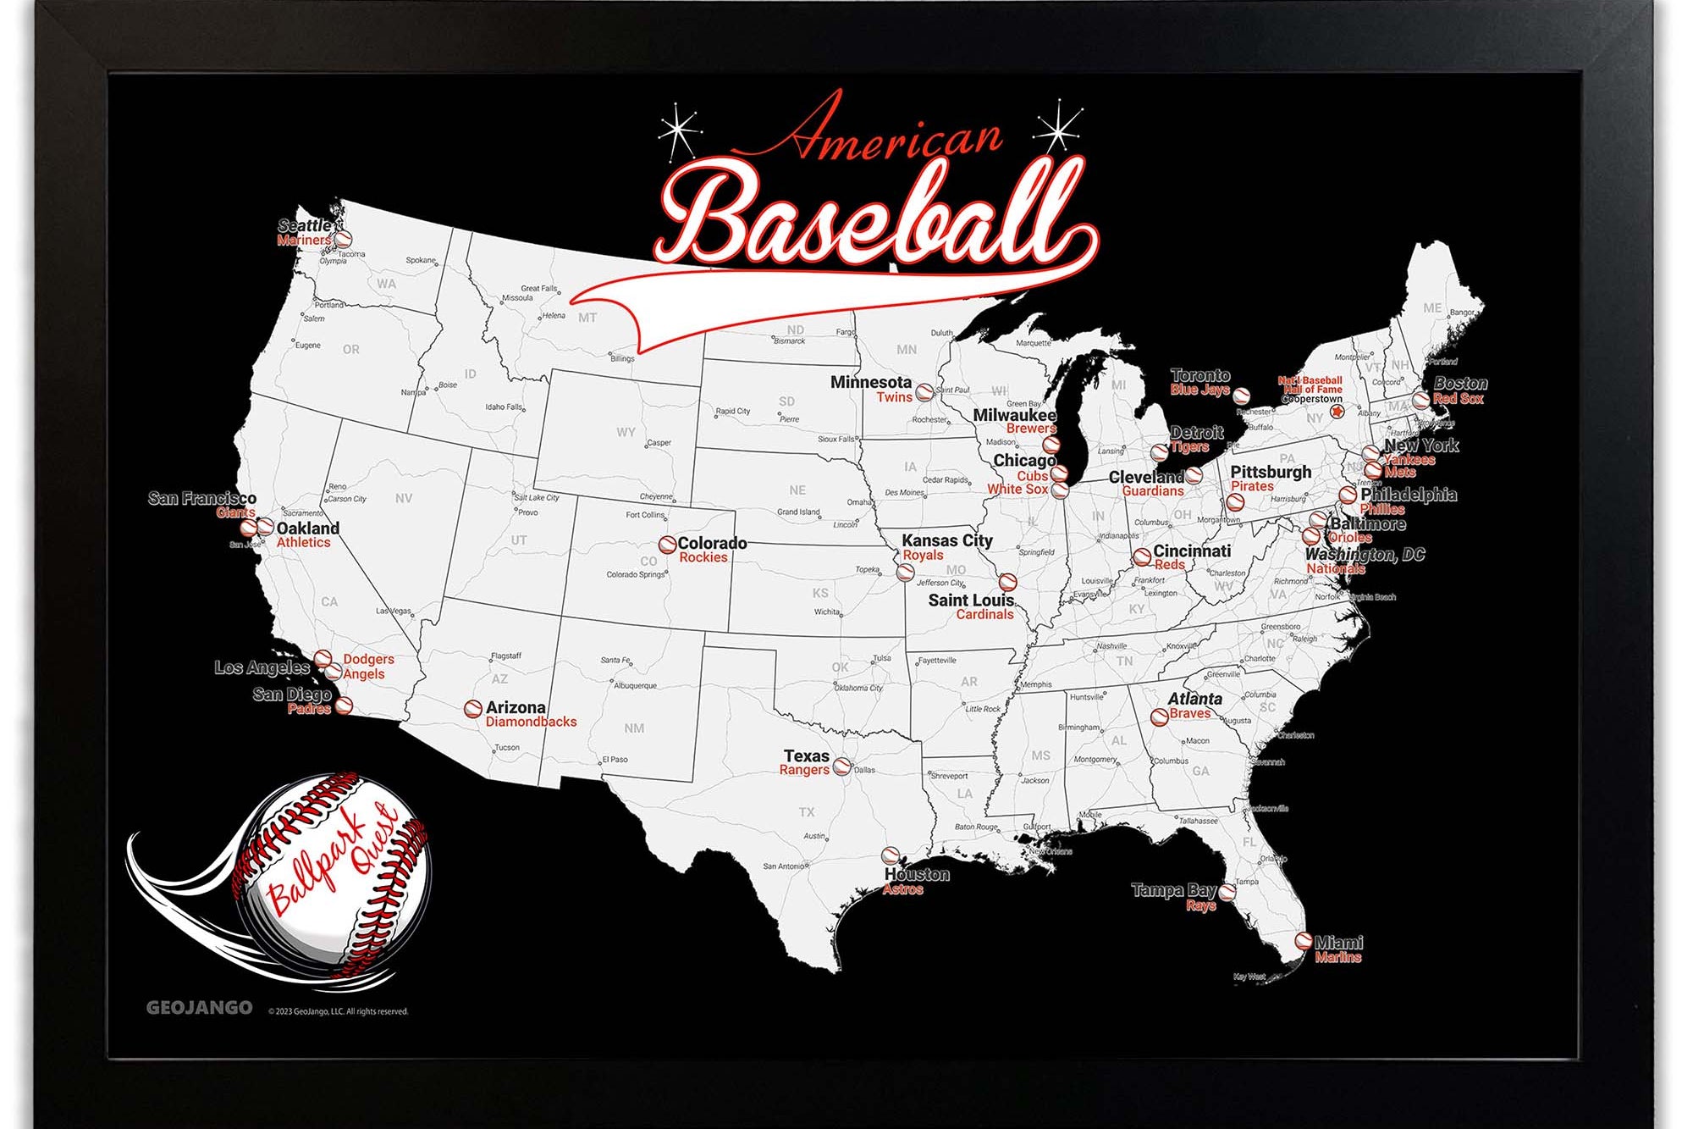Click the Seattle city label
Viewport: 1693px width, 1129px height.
(x=305, y=225)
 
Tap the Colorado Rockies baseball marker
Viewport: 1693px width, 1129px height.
(x=667, y=544)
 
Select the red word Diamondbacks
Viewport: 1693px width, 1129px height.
(x=531, y=722)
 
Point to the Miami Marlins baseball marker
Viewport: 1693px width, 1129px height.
(x=1304, y=941)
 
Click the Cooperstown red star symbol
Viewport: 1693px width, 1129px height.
(x=1337, y=412)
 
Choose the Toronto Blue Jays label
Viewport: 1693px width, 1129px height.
(x=1199, y=382)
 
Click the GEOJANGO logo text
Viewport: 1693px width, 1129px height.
(x=199, y=1008)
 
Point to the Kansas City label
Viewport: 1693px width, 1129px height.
(x=946, y=540)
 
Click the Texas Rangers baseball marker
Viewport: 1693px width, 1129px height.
(x=841, y=767)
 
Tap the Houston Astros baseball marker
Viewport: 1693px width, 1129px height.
(x=891, y=856)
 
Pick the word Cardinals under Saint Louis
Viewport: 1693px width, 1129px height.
(x=984, y=615)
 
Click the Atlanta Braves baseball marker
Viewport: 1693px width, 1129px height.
(x=1159, y=717)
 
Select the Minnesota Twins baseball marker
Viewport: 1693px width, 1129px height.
(x=924, y=392)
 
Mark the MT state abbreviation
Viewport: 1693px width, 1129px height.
(x=587, y=318)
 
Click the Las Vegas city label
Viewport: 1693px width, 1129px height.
(x=393, y=611)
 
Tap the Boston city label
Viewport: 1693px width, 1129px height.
(x=1460, y=383)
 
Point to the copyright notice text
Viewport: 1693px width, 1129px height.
(x=338, y=1011)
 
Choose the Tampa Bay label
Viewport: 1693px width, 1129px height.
(x=1173, y=890)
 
